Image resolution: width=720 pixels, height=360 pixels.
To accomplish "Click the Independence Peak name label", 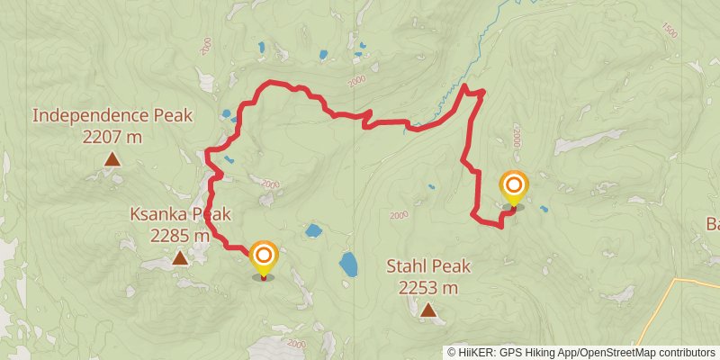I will point(88,116).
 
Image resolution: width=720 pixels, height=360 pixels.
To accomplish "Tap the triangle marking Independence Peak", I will point(112,159).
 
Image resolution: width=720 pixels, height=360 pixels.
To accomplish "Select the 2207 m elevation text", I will point(112,137).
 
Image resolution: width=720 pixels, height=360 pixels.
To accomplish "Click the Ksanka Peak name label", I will point(180,214).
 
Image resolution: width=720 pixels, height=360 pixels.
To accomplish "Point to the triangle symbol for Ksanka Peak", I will point(180,258).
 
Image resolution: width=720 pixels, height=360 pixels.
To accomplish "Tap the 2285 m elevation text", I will point(180,236).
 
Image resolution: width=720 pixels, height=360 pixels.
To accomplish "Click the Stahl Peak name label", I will point(428,266).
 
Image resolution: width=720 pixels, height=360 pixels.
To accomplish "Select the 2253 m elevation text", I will point(428,288).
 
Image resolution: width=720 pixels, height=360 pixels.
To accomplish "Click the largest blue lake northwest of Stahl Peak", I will point(348,264).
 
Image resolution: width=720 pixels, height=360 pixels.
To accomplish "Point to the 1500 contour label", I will point(668,30).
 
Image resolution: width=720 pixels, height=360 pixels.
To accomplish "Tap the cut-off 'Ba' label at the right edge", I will point(711,224).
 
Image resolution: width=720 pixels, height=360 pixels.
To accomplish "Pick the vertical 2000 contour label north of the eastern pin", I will point(517,138).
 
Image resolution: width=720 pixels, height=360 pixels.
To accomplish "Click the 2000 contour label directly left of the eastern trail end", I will point(400,215).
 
